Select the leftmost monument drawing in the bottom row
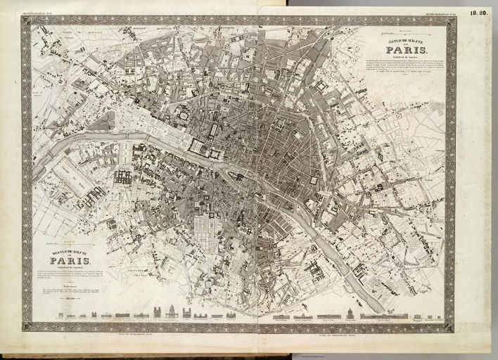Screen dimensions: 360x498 (x=61, y=314)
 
